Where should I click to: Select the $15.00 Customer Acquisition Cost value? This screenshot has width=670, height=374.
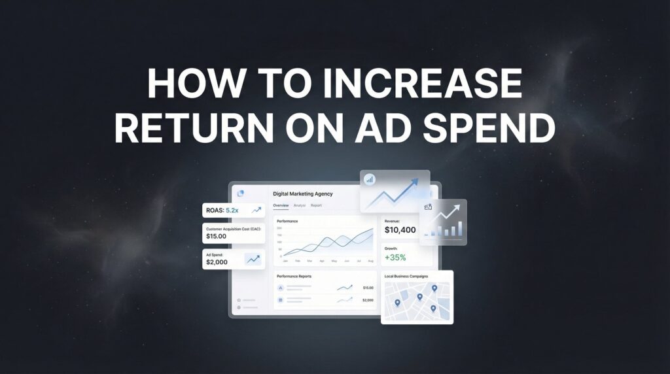(216, 236)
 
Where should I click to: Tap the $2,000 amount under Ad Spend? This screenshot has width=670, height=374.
(217, 262)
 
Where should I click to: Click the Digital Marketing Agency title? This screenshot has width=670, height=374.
(303, 194)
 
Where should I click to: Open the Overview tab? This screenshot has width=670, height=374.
(281, 205)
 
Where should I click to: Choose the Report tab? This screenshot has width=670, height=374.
(316, 205)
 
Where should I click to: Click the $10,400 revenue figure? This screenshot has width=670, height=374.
(400, 230)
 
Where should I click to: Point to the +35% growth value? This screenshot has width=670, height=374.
(397, 258)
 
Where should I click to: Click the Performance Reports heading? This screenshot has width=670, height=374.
(294, 277)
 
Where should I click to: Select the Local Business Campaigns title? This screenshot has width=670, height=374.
(406, 277)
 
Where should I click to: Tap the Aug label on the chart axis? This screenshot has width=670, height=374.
(370, 261)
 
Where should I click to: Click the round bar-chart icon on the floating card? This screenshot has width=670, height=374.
(370, 179)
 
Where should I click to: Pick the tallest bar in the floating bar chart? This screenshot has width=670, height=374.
(460, 228)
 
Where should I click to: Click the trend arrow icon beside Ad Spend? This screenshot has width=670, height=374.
(252, 260)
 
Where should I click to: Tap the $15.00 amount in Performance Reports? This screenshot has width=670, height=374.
(368, 288)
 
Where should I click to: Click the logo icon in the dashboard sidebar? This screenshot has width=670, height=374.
(239, 194)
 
